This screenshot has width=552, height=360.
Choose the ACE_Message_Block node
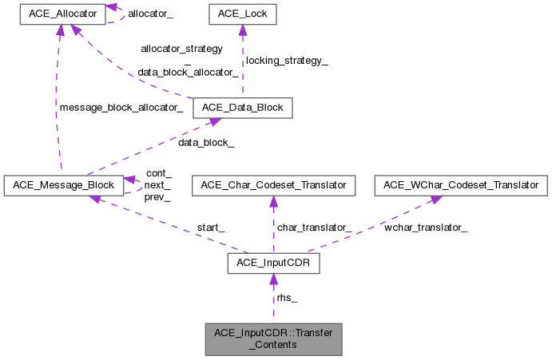[63, 185]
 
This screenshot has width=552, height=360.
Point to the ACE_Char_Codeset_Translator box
[273, 185]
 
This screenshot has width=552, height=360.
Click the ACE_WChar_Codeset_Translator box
[463, 185]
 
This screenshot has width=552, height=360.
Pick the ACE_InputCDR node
[273, 263]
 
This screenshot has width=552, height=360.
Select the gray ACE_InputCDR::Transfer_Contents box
[273, 338]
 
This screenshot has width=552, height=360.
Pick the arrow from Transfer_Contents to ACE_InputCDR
[273, 299]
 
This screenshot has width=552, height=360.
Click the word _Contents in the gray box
[273, 345]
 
